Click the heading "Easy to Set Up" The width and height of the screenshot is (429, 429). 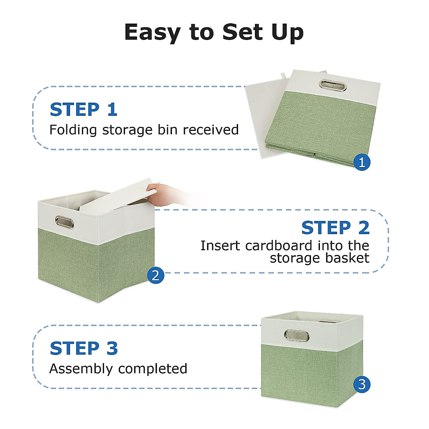(x=214, y=33)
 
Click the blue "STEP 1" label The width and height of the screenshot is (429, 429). (x=84, y=109)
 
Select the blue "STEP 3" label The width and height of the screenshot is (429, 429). (x=84, y=348)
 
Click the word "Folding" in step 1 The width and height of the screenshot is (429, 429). (x=73, y=130)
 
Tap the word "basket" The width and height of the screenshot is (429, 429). (x=347, y=258)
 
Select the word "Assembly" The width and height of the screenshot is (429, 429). (x=81, y=369)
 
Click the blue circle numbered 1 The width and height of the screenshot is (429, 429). (x=362, y=162)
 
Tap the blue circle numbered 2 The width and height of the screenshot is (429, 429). (x=156, y=275)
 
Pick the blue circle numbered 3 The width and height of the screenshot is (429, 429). (x=362, y=384)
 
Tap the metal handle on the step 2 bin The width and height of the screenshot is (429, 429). (x=64, y=222)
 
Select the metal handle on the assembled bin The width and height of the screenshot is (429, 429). (x=297, y=335)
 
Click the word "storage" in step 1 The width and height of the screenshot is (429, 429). (x=127, y=130)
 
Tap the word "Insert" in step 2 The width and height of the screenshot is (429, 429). (x=220, y=246)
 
